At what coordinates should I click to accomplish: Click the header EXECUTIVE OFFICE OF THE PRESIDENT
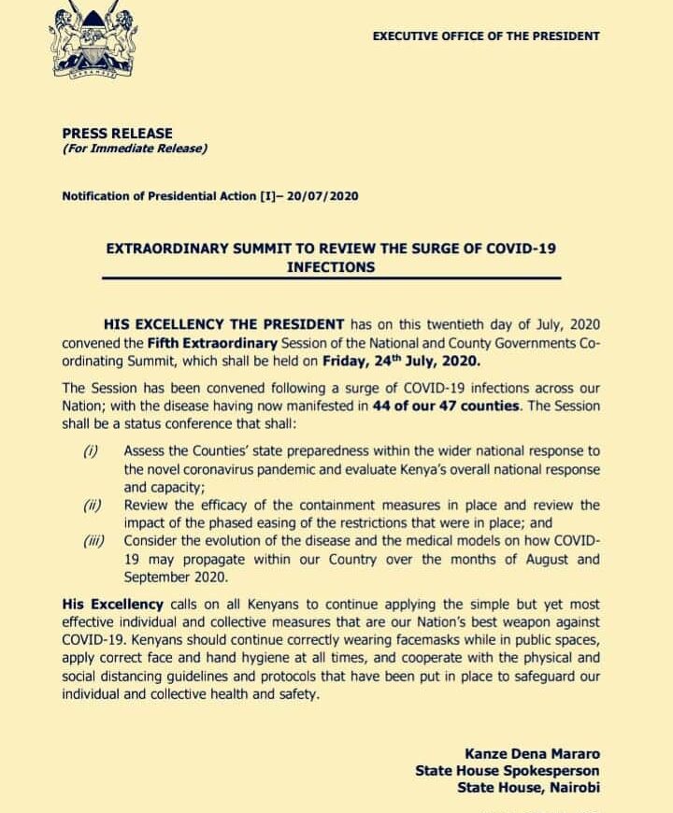pos(486,36)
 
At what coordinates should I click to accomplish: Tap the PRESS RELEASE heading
pos(117,134)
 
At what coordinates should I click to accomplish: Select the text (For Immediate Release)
pos(135,149)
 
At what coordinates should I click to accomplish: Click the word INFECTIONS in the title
pos(331,266)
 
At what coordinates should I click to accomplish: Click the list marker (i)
pos(90,451)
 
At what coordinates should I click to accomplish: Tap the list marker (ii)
pos(92,506)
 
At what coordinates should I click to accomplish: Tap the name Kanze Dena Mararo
pos(532,753)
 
